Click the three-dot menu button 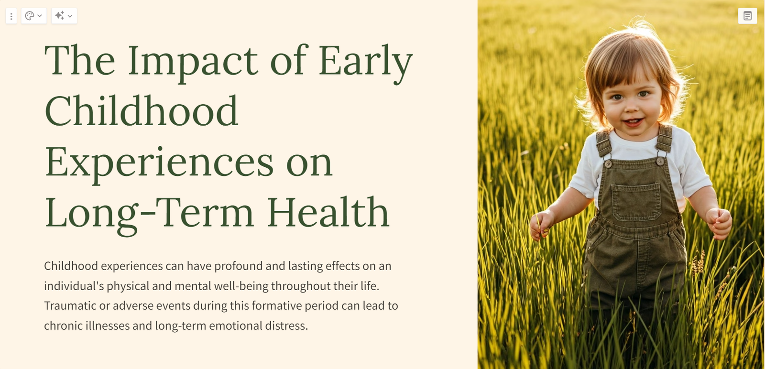click(11, 16)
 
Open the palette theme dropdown click(34, 16)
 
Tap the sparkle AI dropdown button click(64, 16)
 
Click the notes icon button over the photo click(748, 16)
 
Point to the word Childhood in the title click(142, 110)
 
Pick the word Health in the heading click(328, 212)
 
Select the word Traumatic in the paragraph click(70, 305)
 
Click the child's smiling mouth click(633, 122)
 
